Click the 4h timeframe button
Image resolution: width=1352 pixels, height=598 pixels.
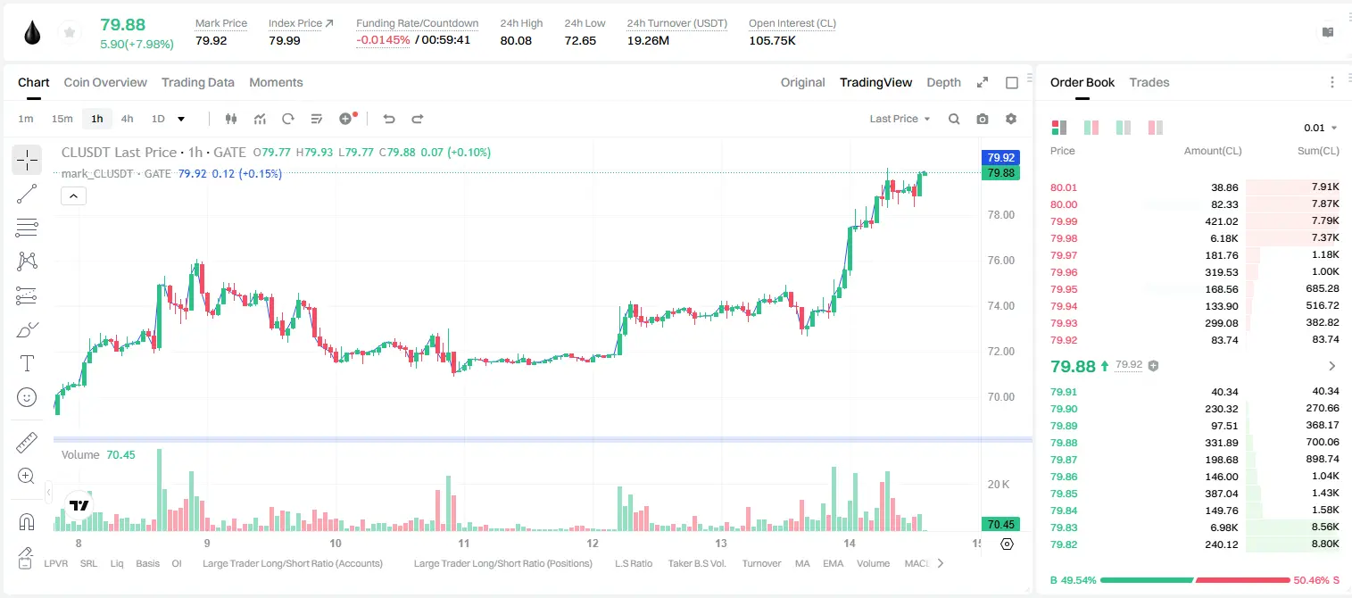(x=127, y=119)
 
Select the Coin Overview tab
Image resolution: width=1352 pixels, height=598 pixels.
(x=105, y=82)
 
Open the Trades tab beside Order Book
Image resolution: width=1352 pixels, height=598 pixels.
(x=1149, y=82)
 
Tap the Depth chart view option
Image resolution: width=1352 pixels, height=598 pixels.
(x=943, y=82)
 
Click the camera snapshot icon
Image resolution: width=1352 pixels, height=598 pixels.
(x=983, y=119)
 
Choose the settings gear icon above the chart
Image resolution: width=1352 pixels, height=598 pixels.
(x=1011, y=119)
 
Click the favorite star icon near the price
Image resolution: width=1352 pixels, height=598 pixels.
(x=70, y=32)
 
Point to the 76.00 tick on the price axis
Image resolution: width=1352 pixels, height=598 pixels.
(x=1000, y=260)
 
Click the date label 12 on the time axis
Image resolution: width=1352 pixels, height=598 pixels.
(x=592, y=543)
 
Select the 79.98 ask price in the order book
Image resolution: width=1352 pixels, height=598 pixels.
(x=1064, y=238)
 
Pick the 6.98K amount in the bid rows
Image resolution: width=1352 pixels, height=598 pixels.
(x=1224, y=527)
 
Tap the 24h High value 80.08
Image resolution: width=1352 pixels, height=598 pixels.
(x=516, y=40)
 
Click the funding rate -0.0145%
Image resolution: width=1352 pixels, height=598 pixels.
(x=383, y=40)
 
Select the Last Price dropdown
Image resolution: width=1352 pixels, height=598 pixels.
(x=900, y=119)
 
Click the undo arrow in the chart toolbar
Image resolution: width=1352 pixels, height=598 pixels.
(x=389, y=119)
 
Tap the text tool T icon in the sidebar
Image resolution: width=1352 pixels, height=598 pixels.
(x=27, y=363)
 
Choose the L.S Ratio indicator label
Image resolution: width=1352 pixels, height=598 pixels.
(x=633, y=563)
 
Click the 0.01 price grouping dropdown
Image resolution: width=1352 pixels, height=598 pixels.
(x=1321, y=128)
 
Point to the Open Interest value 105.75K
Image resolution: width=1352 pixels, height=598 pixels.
(x=772, y=40)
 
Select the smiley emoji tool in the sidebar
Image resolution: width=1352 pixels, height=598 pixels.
(x=27, y=397)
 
